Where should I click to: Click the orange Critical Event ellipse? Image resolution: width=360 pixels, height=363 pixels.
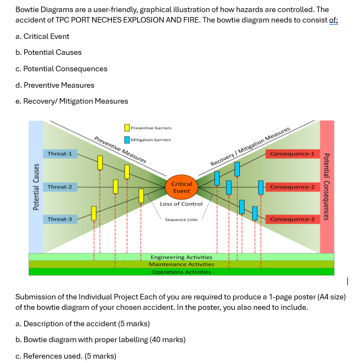[182, 188]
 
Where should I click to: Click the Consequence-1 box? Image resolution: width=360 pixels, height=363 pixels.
[292, 154]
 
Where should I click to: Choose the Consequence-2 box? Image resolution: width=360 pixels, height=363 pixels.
[292, 187]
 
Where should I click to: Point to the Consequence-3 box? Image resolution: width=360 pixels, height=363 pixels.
[292, 219]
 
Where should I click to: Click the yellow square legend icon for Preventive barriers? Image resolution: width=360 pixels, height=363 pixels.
[127, 128]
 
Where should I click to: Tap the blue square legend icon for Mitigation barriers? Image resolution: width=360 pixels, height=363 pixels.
[127, 139]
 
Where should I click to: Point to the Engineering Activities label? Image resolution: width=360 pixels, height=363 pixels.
[181, 257]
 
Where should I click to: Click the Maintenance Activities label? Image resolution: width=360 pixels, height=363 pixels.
[181, 264]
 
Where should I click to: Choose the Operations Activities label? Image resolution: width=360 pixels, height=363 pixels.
[181, 272]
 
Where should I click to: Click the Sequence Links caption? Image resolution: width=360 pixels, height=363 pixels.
[181, 219]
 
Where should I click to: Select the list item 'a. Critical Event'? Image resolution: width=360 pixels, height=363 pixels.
[43, 36]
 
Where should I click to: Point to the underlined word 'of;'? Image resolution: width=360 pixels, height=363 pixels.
[333, 20]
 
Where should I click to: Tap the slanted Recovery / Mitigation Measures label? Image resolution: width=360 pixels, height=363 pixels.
[250, 146]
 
